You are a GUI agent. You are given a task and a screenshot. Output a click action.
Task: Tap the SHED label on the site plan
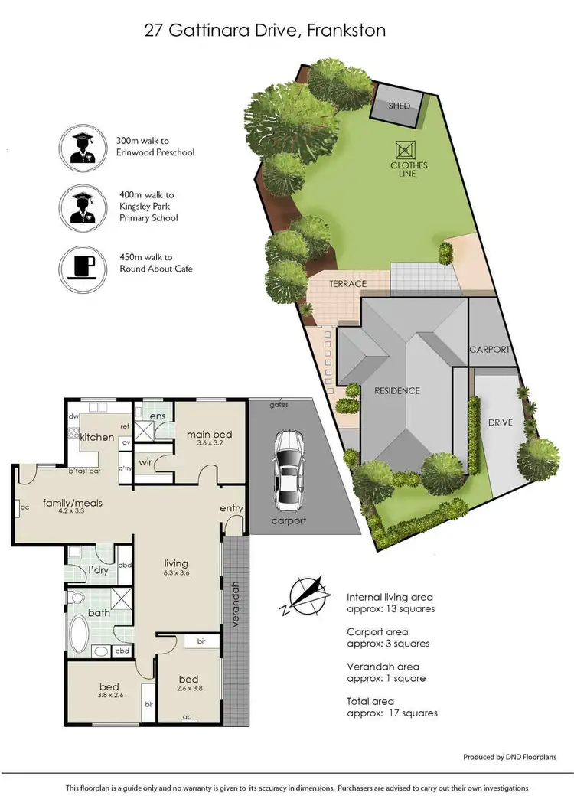[399, 106]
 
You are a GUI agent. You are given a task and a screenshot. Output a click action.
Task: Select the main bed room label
[209, 435]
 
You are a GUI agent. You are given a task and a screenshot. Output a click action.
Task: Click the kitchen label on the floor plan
[97, 437]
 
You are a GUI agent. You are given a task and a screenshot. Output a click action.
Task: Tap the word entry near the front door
[231, 508]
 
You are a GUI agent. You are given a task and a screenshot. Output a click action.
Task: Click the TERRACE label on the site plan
[347, 284]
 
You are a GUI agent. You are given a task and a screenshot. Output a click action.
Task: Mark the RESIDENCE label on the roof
[396, 391]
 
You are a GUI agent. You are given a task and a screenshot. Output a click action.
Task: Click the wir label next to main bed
[145, 462]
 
